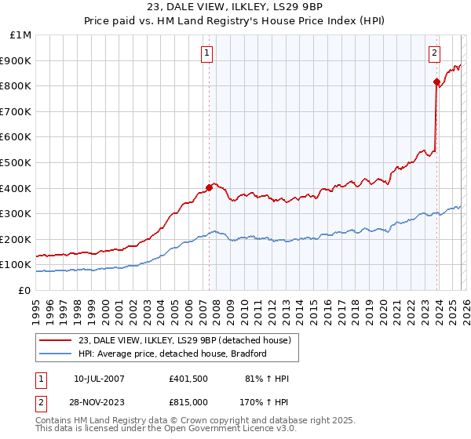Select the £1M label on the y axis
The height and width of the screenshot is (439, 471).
click(x=20, y=34)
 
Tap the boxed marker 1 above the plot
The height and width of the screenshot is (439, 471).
click(x=206, y=53)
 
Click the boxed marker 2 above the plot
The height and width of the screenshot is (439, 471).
click(x=433, y=53)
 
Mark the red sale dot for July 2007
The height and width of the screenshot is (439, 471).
click(x=209, y=187)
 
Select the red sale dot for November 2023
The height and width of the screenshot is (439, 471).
click(x=436, y=82)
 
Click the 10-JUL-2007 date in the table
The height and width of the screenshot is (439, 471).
click(x=99, y=379)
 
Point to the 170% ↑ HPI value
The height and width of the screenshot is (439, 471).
click(x=265, y=401)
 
